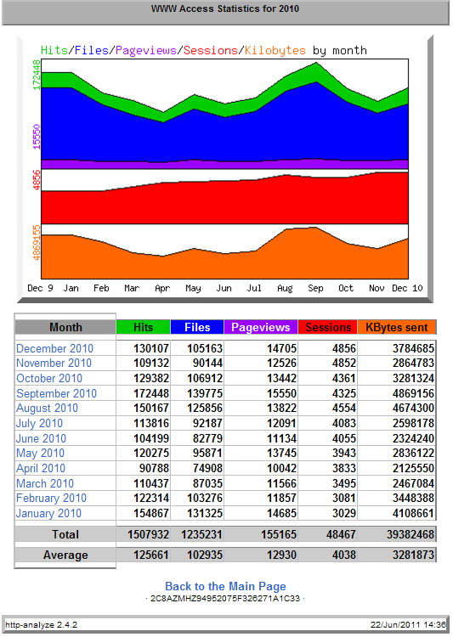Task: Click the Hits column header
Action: [143, 328]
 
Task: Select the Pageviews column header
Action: [261, 328]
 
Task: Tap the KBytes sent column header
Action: [396, 328]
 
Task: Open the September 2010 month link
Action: [57, 393]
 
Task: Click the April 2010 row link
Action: [41, 468]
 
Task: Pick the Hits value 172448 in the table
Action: [151, 393]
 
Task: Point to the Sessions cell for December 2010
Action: [343, 348]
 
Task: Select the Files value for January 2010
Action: [205, 513]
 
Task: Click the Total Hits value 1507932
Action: [148, 534]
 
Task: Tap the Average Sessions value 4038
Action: [343, 555]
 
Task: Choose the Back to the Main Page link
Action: [225, 586]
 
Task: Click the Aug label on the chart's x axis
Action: [285, 288]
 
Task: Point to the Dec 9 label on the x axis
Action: [40, 288]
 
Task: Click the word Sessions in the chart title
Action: [210, 50]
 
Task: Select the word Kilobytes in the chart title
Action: [275, 50]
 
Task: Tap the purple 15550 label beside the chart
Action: [37, 137]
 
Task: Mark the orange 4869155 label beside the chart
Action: [37, 243]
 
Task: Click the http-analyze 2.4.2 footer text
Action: [41, 624]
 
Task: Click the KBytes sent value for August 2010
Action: [413, 408]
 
